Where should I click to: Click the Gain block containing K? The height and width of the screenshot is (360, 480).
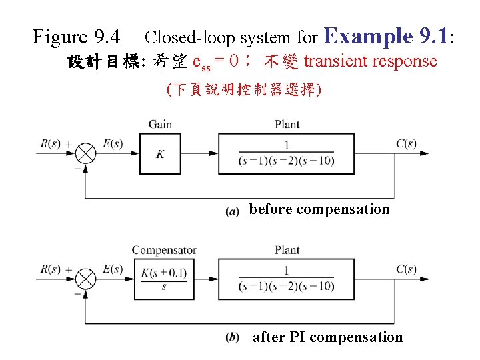tap(160, 154)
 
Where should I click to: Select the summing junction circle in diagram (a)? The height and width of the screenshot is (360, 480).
tap(85, 154)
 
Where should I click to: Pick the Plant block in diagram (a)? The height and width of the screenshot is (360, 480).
tap(286, 154)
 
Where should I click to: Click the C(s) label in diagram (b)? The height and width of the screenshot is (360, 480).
tap(406, 269)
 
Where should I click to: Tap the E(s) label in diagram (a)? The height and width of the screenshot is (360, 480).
tap(113, 143)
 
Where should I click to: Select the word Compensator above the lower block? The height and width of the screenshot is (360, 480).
tap(164, 251)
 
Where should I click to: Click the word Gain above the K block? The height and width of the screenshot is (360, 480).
tap(160, 124)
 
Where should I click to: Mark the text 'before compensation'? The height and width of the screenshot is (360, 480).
tap(319, 209)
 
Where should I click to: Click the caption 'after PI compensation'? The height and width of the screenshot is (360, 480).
tap(327, 337)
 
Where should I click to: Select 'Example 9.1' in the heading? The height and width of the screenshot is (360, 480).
tap(390, 36)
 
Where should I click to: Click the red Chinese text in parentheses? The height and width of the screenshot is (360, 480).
tap(243, 89)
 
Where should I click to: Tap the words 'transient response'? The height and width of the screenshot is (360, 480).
tap(370, 62)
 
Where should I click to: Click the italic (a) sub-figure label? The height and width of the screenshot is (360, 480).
tap(233, 211)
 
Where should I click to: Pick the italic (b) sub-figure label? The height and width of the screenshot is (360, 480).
tap(233, 338)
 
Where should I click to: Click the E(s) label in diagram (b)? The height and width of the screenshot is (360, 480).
tap(113, 269)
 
